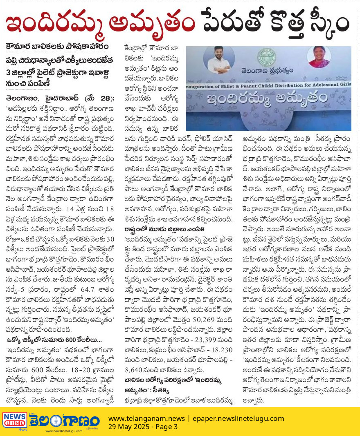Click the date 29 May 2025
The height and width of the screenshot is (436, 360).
tap(130, 427)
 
